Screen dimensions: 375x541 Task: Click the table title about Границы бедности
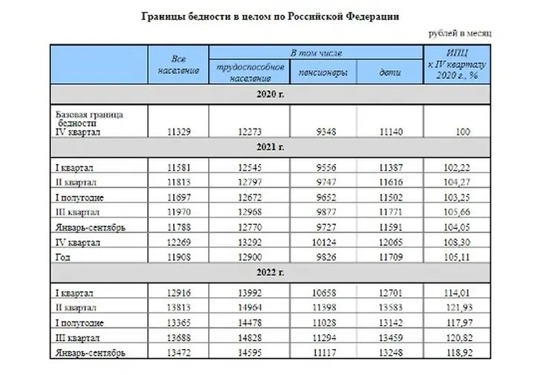pyautogui.click(x=270, y=16)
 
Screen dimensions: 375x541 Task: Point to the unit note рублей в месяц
pyautogui.click(x=460, y=33)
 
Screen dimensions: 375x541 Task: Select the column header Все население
pyautogui.click(x=178, y=64)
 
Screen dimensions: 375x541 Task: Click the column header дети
pyautogui.click(x=391, y=73)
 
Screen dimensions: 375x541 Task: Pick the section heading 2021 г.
pyautogui.click(x=270, y=147)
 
